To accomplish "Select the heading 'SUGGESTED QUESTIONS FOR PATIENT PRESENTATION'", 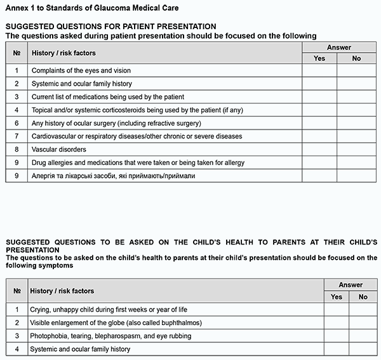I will click(110, 27).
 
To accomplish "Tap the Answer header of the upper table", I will click(338, 48).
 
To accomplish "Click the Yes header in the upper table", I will click(319, 58).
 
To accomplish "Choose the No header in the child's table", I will click(363, 297).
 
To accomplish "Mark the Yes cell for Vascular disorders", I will click(319, 149).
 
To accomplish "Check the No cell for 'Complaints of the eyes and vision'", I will click(356, 70).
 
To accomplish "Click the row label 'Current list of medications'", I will click(107, 97).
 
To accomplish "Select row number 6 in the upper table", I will click(17, 123).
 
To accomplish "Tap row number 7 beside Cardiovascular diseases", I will click(17, 136).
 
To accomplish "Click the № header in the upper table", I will click(17, 53).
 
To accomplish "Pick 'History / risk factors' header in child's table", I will click(62, 291).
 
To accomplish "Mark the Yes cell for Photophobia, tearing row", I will click(337, 335).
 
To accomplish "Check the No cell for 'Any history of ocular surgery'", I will click(356, 123).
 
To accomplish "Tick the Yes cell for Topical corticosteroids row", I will click(319, 110).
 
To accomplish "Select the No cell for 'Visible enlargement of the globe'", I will click(363, 323).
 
